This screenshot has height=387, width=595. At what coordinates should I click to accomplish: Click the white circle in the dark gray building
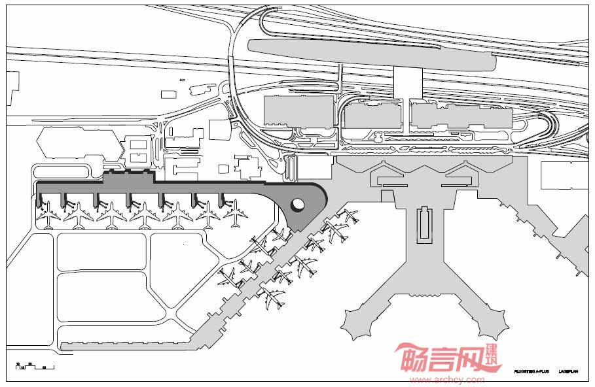click(297, 205)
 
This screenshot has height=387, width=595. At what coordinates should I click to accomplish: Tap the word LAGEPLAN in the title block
click(568, 370)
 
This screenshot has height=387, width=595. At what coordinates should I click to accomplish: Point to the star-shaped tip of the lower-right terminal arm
click(492, 322)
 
